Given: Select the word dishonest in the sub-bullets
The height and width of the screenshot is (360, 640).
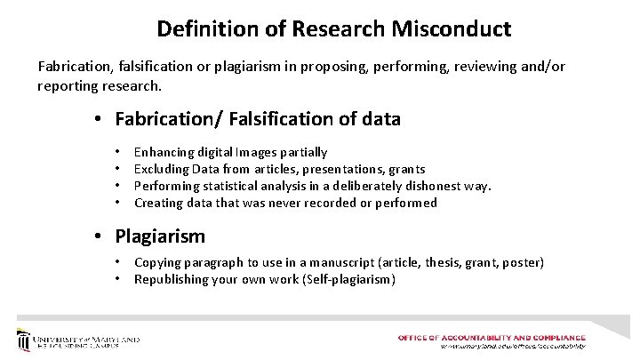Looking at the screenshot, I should click(x=423, y=186).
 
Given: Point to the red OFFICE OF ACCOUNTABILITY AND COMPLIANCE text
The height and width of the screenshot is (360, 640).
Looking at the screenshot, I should click(x=492, y=338).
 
